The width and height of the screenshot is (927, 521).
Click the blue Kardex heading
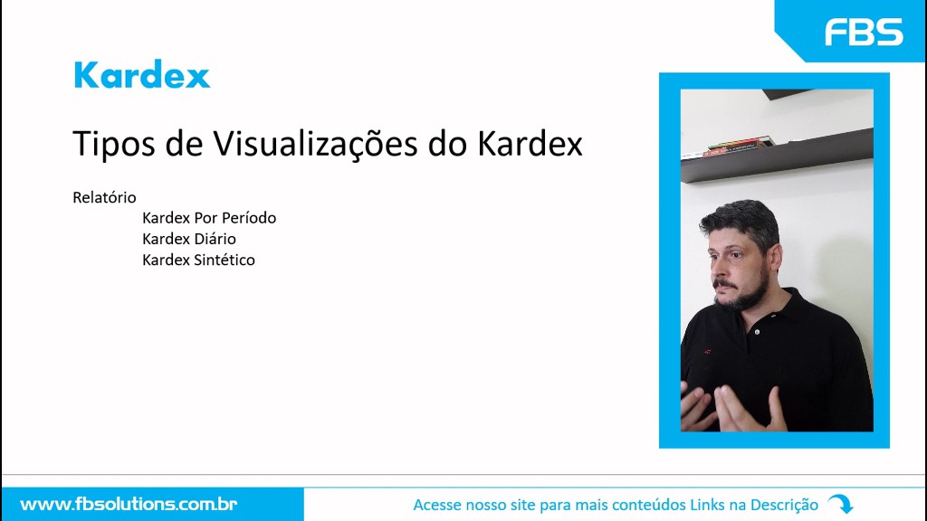142,74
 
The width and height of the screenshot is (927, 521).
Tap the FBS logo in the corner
864,32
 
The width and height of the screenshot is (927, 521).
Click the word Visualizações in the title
315,144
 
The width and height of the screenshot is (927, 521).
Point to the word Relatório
104,197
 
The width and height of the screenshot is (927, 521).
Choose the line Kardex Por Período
209,218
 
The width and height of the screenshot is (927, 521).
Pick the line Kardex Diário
188,239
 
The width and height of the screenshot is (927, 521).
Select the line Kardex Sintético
198,260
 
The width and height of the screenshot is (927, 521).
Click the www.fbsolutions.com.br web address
129,505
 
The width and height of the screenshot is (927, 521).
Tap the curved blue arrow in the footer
841,504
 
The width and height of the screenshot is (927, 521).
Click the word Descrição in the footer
784,505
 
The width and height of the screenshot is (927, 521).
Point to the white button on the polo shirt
758,332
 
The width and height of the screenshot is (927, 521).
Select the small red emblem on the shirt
706,352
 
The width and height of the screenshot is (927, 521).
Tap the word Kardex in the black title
530,144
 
